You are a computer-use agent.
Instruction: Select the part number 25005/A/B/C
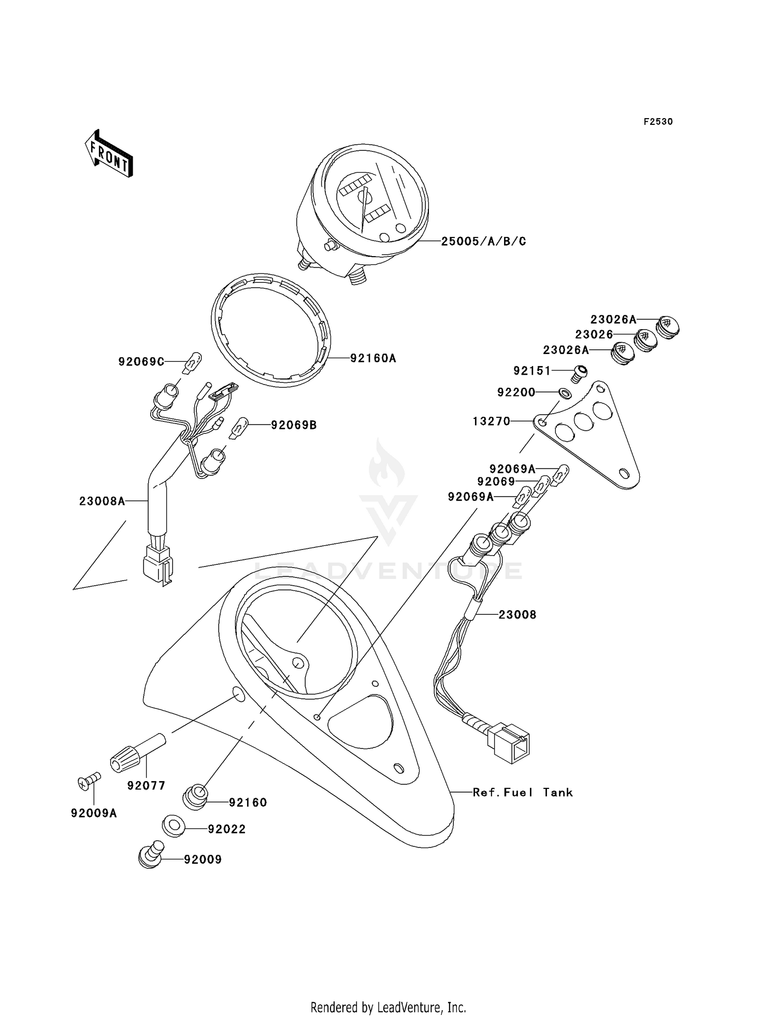coord(483,241)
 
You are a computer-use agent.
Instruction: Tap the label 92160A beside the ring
coord(373,358)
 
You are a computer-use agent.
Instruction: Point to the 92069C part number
coord(141,361)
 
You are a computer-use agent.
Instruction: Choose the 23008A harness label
coord(102,501)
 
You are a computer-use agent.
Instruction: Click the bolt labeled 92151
coord(580,372)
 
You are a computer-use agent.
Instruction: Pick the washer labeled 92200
coord(566,393)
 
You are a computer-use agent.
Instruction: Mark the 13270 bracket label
coord(492,421)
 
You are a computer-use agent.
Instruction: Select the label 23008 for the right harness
coord(517,615)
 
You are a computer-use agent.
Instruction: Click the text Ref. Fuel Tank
coord(523,792)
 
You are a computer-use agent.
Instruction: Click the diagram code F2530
coord(658,122)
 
